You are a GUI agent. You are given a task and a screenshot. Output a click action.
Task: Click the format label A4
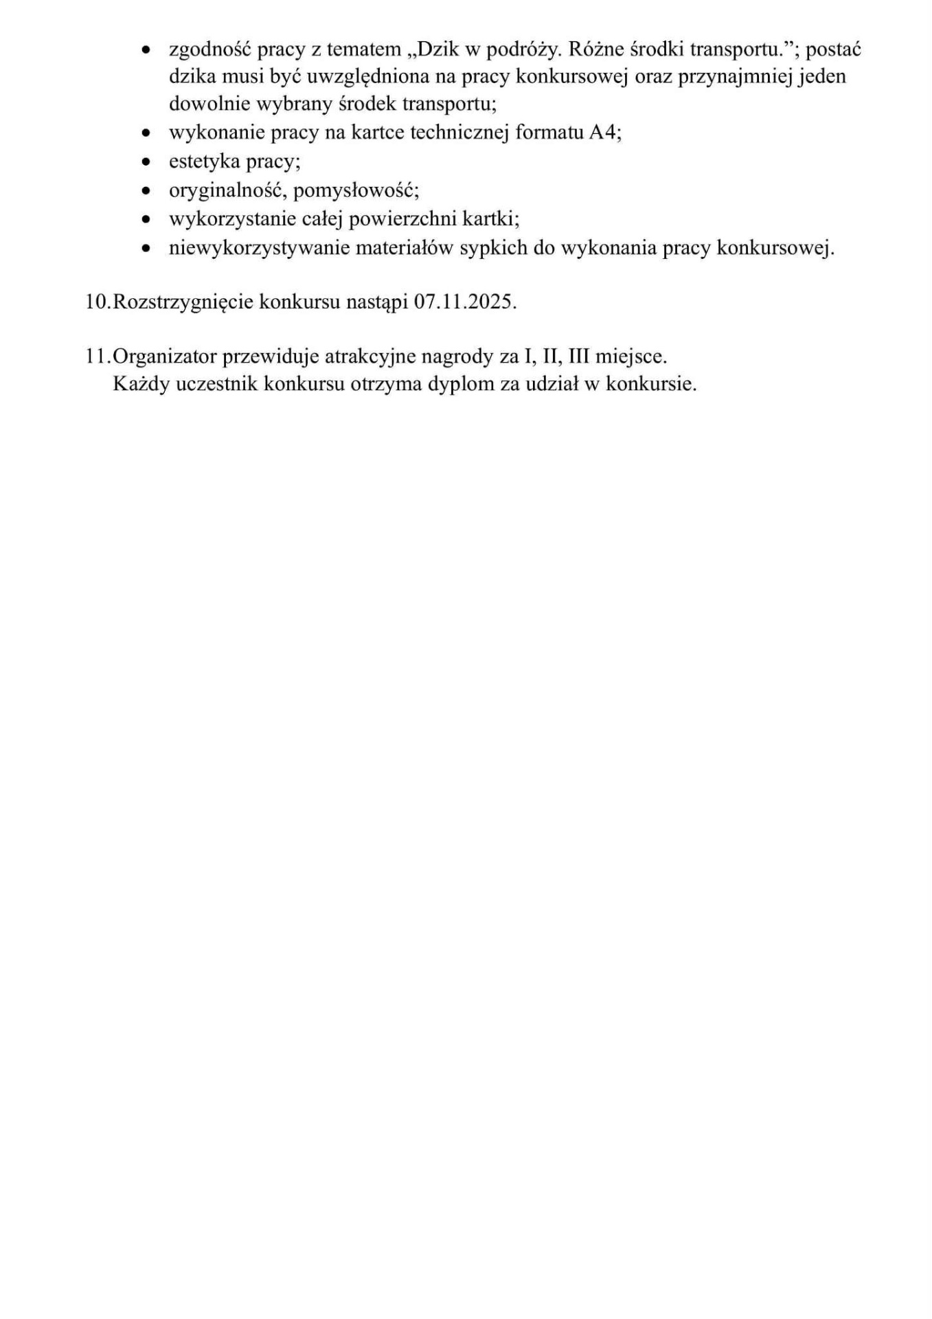pyautogui.click(x=604, y=133)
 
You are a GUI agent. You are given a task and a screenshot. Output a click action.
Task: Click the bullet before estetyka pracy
pyautogui.click(x=146, y=162)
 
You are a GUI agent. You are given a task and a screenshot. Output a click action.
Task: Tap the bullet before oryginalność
pyautogui.click(x=146, y=191)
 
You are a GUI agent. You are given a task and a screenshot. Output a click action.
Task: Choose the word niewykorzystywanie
pyautogui.click(x=259, y=248)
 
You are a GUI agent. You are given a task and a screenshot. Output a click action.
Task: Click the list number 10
pyautogui.click(x=97, y=302)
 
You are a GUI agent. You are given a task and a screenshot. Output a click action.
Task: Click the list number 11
pyautogui.click(x=97, y=357)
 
